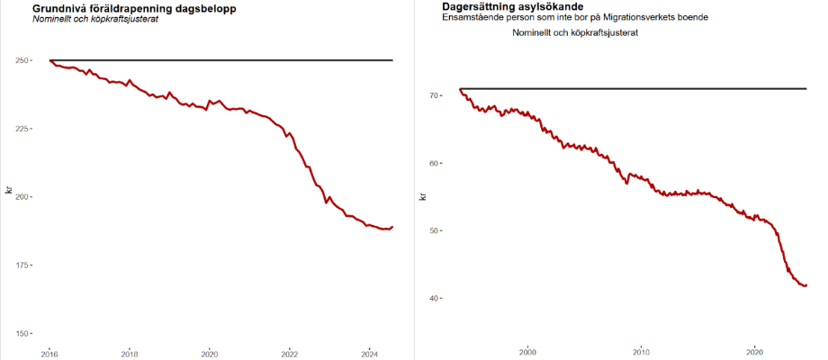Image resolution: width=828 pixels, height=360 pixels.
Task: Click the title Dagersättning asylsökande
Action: (506, 7)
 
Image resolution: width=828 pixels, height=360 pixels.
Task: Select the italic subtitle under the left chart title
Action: (95, 20)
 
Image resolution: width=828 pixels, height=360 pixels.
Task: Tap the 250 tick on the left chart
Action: (23, 60)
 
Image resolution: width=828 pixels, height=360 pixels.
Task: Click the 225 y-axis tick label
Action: (23, 129)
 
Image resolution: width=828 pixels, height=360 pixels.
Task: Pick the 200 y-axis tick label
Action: (23, 197)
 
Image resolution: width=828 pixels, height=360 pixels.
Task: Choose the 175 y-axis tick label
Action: (23, 265)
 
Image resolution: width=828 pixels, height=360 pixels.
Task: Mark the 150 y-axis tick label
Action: (23, 333)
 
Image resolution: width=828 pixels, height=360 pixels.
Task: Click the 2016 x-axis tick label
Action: (50, 353)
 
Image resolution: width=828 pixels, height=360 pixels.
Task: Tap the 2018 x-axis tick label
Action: (130, 353)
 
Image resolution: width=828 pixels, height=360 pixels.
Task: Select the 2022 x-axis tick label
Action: (289, 353)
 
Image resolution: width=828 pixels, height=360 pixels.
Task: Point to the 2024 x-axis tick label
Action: (368, 353)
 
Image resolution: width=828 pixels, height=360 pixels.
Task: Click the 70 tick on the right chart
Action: (434, 94)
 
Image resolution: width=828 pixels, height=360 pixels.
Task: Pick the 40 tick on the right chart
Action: (434, 298)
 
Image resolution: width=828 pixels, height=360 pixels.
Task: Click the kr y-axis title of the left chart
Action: (9, 189)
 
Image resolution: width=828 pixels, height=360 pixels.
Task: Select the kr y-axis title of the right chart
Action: (423, 195)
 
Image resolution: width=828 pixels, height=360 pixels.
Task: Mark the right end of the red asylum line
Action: (805, 285)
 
